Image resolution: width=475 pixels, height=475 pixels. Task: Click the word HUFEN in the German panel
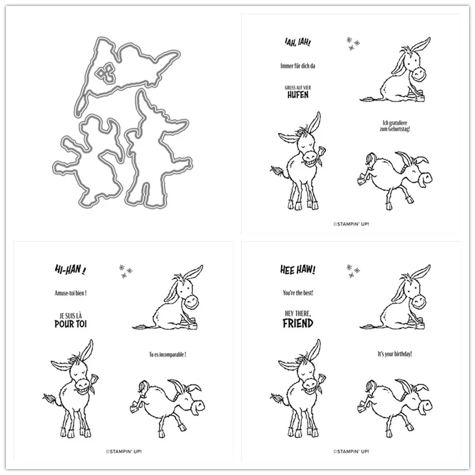pyautogui.click(x=298, y=94)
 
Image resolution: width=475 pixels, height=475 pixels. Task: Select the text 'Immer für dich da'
pyautogui.click(x=297, y=66)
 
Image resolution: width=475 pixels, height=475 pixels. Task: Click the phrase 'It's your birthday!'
pyautogui.click(x=395, y=354)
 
